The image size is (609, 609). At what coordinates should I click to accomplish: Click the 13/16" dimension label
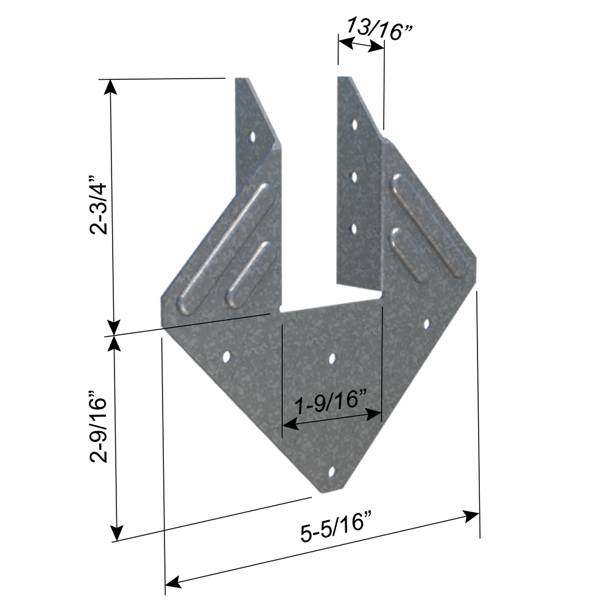click(379, 29)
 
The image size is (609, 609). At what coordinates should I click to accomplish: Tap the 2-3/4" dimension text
click(98, 205)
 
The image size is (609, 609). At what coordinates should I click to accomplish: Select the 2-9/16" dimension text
click(98, 426)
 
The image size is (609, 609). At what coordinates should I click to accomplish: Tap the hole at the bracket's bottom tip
click(332, 472)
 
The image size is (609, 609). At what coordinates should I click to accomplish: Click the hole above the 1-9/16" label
click(333, 359)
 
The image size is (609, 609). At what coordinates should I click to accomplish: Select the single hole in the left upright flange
click(253, 136)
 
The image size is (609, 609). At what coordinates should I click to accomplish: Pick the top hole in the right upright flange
click(354, 125)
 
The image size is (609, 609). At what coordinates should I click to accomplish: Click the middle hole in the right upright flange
click(354, 177)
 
